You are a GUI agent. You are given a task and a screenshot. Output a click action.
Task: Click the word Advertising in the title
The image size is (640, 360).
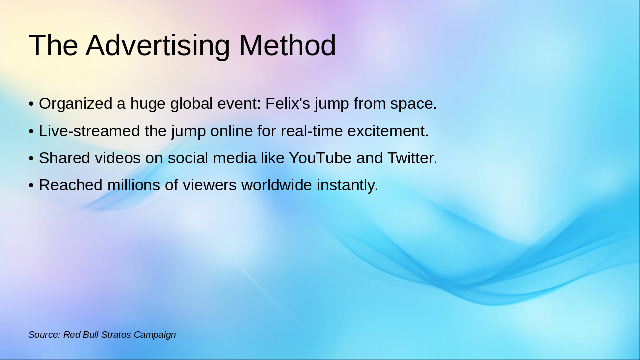coord(157,45)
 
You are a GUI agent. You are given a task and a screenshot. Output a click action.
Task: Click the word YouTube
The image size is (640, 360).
coord(320,158)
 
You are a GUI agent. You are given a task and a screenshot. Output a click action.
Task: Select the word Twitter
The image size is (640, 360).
coord(412,158)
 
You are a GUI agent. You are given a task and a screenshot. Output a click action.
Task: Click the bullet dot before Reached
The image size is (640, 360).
coord(31,185)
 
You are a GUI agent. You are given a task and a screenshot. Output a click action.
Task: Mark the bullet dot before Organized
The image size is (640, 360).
coord(31,104)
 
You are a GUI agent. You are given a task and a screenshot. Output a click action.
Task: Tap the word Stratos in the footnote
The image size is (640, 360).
coord(116,335)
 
